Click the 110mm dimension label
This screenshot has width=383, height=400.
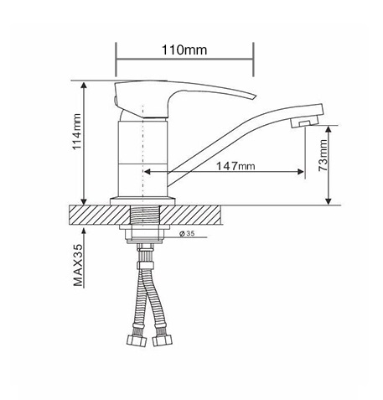click(x=184, y=50)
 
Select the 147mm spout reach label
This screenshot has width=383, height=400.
click(x=235, y=166)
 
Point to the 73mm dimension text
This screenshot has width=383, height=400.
click(x=323, y=155)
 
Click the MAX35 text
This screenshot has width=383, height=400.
click(x=78, y=265)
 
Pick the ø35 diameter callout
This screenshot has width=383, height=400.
click(x=187, y=233)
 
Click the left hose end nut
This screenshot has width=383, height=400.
click(x=137, y=340)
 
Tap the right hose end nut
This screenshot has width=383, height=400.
click(x=163, y=340)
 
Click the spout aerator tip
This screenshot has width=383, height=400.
click(x=304, y=122)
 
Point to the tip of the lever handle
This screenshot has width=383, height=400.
click(x=256, y=96)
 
